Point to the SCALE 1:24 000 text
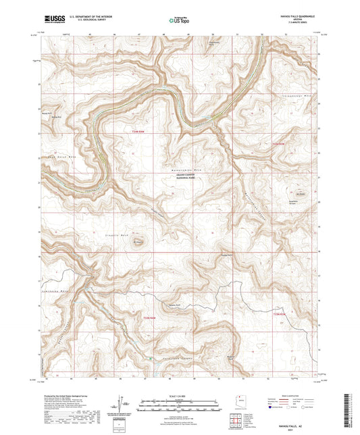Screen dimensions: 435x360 click(179, 396)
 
